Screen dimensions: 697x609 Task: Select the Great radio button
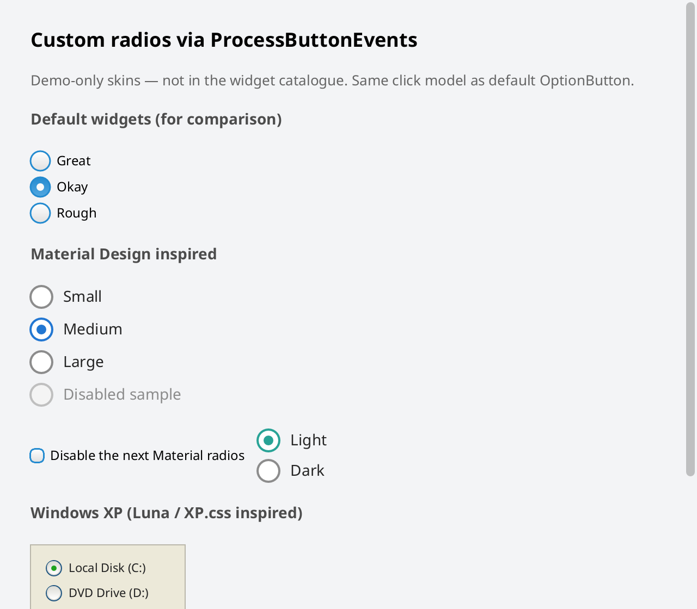pos(40,160)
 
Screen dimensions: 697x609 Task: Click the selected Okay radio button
pos(40,187)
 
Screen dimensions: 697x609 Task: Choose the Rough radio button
pos(40,213)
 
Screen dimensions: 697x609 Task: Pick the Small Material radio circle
pos(41,297)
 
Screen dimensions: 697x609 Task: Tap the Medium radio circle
pos(41,330)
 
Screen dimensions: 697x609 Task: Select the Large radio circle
pos(41,362)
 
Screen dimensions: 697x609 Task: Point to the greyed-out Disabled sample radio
pos(41,395)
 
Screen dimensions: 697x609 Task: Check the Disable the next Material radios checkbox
pos(37,456)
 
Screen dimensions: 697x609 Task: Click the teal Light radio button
pos(268,440)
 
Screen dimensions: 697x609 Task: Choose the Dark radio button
pos(268,471)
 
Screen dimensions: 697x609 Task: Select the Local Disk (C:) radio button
pos(54,568)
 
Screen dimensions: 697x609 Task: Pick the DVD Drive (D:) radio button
pos(54,593)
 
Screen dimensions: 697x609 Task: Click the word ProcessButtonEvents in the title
pos(314,40)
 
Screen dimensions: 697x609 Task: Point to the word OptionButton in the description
pos(586,80)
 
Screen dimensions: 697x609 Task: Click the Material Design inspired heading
pos(124,254)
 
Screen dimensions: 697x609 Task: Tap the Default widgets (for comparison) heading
pos(156,120)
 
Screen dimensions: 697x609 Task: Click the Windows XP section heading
pos(167,513)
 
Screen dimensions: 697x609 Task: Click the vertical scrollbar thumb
pos(690,239)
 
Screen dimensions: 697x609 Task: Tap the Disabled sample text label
pos(122,395)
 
